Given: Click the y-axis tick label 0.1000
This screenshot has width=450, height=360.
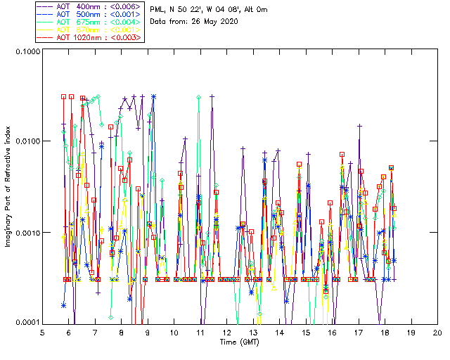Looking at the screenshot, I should [25, 51].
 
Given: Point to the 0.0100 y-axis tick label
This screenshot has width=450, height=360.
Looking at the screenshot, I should [25, 141].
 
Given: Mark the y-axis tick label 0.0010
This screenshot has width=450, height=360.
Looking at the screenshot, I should [25, 232].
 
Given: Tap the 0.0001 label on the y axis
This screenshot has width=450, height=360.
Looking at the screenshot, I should [25, 321].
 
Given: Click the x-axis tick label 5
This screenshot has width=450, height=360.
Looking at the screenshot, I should [43, 332].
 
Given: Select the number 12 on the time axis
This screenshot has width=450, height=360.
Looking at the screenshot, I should [226, 332].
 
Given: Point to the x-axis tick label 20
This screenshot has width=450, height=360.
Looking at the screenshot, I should [437, 332].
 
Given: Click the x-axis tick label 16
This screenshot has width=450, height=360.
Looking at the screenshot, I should [332, 332].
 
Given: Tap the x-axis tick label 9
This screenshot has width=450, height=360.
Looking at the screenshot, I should [148, 332].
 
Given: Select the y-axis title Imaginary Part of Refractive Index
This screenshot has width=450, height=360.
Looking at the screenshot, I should [8, 186].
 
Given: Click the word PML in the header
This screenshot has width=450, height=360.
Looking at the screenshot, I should [159, 10].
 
